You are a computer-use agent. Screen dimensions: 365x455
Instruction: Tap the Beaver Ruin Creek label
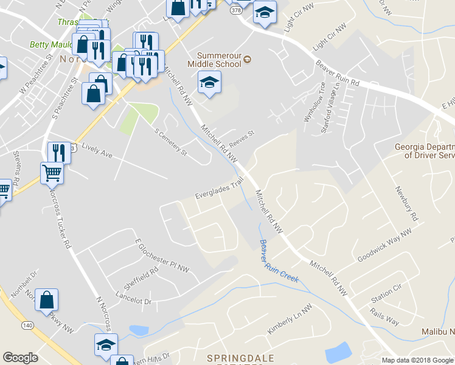279,262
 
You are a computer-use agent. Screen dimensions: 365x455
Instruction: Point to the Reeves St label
241,141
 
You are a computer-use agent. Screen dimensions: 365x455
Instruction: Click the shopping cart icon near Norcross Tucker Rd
52,173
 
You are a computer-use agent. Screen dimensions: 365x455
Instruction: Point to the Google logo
20,358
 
